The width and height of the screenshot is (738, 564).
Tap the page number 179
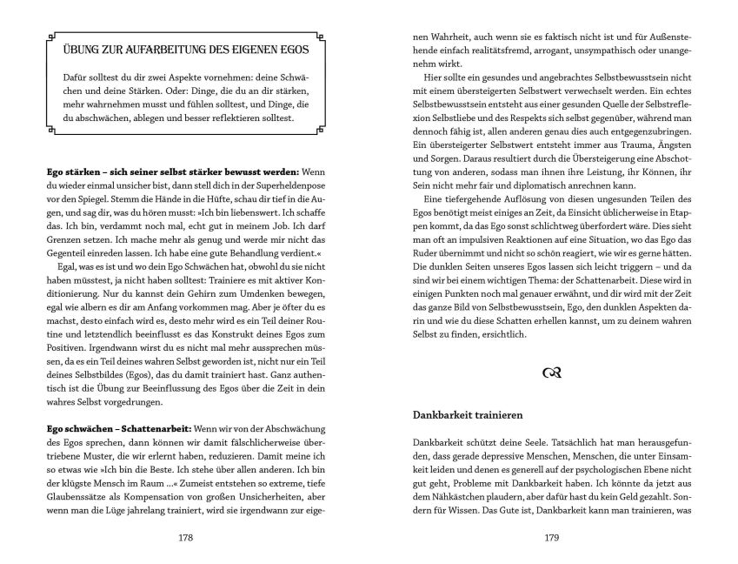tap(550, 537)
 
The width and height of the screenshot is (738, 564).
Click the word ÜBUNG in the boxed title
tap(70, 46)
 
